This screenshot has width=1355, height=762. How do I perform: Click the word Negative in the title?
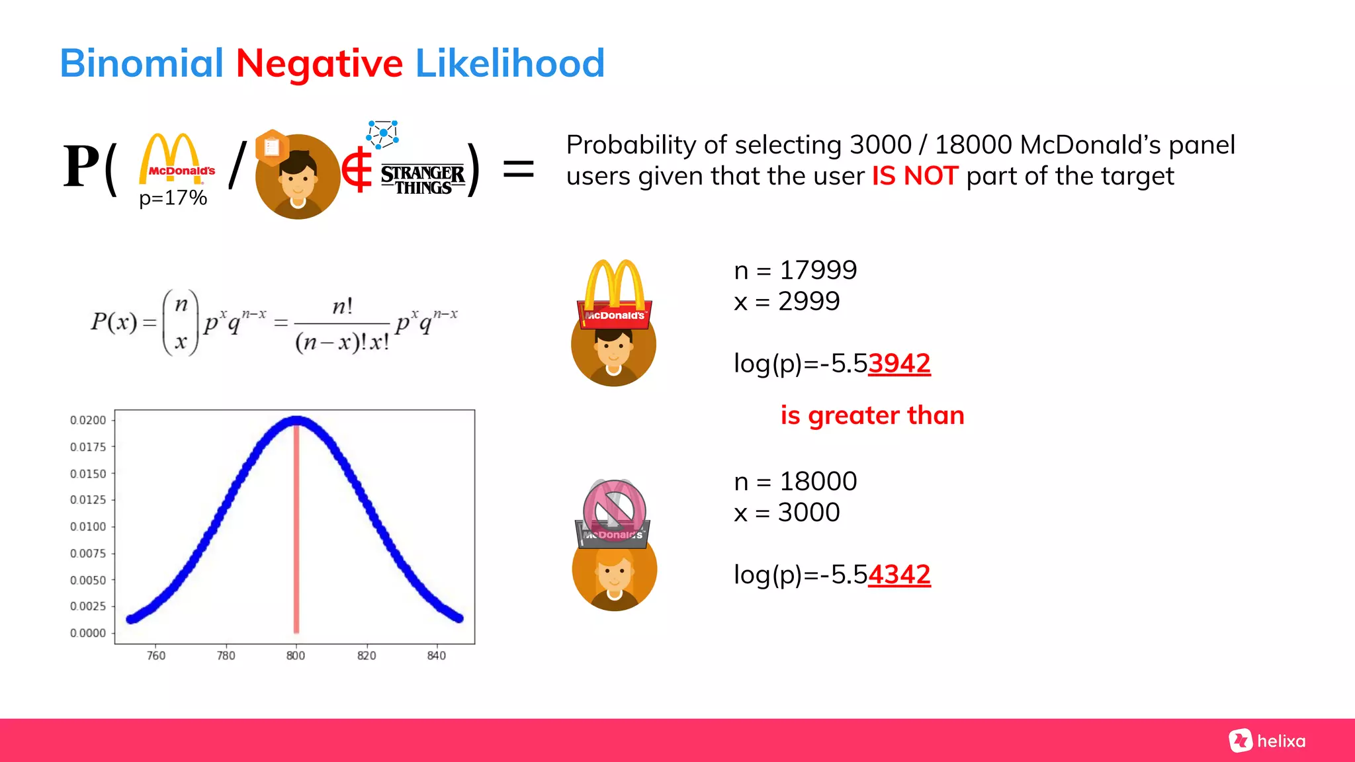pyautogui.click(x=319, y=63)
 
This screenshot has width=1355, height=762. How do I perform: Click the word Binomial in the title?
pyautogui.click(x=142, y=63)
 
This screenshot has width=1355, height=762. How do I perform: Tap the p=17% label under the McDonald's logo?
pyautogui.click(x=173, y=198)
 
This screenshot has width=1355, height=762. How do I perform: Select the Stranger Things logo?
pyautogui.click(x=423, y=179)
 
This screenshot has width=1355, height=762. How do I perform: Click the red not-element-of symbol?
pyautogui.click(x=357, y=170)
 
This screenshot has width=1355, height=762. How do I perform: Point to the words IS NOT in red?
pyautogui.click(x=914, y=176)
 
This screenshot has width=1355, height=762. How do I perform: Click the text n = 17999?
pyautogui.click(x=795, y=270)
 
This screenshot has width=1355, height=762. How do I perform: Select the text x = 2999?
pyautogui.click(x=787, y=302)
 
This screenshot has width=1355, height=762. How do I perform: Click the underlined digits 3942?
pyautogui.click(x=899, y=363)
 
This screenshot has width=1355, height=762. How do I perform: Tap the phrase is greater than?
pyautogui.click(x=872, y=415)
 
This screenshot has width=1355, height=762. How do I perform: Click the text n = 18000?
pyautogui.click(x=795, y=482)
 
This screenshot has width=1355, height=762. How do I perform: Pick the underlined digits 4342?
pyautogui.click(x=899, y=574)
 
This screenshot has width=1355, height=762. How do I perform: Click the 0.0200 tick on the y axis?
pyautogui.click(x=88, y=420)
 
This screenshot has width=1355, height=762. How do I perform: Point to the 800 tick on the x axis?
pyautogui.click(x=296, y=656)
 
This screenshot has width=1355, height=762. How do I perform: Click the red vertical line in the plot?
pyautogui.click(x=296, y=529)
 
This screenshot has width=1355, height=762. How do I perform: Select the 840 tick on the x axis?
pyautogui.click(x=437, y=656)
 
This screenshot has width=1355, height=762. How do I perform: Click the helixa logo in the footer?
pyautogui.click(x=1267, y=741)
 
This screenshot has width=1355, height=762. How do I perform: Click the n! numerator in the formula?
pyautogui.click(x=342, y=306)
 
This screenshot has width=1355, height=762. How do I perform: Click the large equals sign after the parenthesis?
pyautogui.click(x=518, y=169)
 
